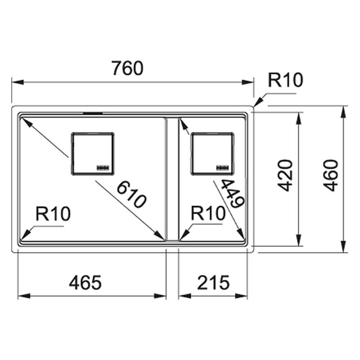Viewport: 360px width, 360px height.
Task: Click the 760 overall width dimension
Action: coord(128,68)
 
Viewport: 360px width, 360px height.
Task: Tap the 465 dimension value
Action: coord(85,283)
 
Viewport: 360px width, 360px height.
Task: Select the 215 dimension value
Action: coord(213,283)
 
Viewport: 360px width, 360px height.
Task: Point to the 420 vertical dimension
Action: coord(285,175)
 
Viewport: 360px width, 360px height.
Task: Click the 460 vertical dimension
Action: coord(331,175)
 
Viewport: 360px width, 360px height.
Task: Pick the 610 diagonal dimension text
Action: coord(131,194)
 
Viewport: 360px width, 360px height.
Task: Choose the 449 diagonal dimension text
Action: coord(233,193)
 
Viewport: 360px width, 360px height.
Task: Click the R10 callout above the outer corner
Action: coord(286,80)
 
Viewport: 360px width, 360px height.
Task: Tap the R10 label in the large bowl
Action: coord(53,213)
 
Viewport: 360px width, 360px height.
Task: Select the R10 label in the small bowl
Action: coord(208,213)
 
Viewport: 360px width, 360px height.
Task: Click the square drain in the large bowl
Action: coord(93,153)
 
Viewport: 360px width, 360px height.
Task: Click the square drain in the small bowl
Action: coord(212,153)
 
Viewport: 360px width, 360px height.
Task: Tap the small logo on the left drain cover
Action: coord(103,168)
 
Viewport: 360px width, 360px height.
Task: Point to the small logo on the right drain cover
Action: coord(223,168)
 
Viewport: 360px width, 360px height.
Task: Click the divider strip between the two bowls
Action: coord(172,179)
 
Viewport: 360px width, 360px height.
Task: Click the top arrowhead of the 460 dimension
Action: coord(343,112)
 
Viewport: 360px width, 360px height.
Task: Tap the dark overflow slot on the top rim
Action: coord(93,113)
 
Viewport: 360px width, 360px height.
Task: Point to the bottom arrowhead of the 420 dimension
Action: coord(298,240)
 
